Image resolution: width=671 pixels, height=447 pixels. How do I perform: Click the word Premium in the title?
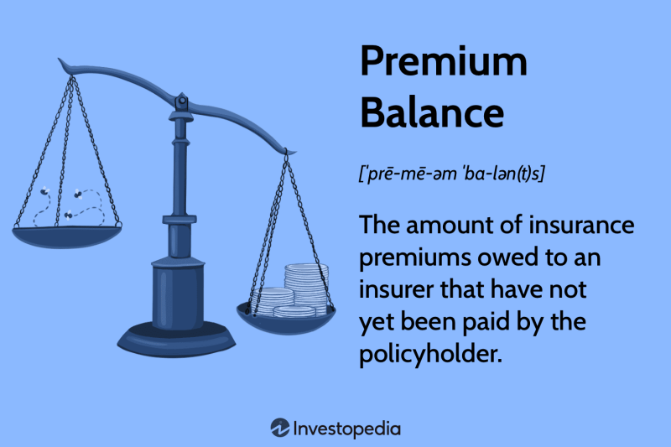(x=444, y=61)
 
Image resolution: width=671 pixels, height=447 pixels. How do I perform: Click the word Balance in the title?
(x=432, y=112)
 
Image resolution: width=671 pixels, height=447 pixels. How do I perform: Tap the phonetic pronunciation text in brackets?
(x=451, y=174)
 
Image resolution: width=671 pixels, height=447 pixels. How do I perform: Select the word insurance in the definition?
(x=581, y=225)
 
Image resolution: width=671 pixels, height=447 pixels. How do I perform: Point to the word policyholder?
(x=430, y=355)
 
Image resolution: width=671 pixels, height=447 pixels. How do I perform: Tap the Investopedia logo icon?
(x=280, y=428)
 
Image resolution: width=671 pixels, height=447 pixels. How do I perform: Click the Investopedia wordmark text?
(x=347, y=429)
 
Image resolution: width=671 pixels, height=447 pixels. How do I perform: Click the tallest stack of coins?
(x=306, y=287)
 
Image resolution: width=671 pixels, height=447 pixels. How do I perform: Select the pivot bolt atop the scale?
(x=182, y=101)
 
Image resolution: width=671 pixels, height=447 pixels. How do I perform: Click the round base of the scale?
(x=176, y=340)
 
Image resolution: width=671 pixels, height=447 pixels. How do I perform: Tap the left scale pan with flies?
(x=67, y=237)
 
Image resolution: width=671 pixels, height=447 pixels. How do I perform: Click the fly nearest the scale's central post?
(x=78, y=195)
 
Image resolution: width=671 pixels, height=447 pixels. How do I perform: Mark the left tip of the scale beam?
(x=59, y=59)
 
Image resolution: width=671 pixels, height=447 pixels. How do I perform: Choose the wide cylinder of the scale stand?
(x=179, y=294)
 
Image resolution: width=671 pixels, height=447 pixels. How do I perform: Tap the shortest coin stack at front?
(x=294, y=311)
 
